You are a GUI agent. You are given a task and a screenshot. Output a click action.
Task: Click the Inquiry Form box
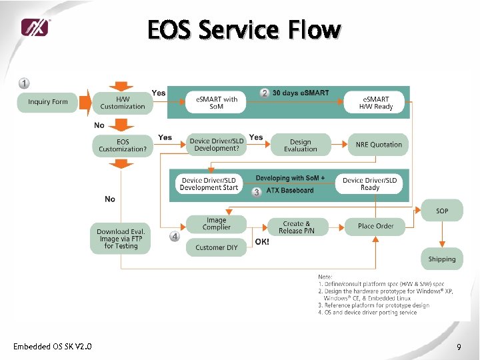tap(48, 102)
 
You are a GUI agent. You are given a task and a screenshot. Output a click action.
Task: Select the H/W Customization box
tap(123, 103)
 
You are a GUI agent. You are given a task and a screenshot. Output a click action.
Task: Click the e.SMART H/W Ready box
tap(376, 103)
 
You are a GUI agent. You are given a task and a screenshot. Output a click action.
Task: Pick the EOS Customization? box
tap(123, 145)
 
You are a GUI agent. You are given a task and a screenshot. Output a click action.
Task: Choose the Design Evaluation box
tap(301, 145)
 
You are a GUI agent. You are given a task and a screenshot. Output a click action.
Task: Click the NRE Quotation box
tap(379, 145)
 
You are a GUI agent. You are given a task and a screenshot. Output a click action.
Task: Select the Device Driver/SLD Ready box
tap(370, 184)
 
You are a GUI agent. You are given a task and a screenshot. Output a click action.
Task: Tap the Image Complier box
tap(216, 224)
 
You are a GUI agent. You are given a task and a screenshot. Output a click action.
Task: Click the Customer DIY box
tap(216, 247)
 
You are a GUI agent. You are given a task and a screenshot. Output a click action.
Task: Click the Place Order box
tap(375, 226)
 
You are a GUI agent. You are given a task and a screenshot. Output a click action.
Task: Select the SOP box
tap(442, 211)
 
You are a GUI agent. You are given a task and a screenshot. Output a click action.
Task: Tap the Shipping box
tap(442, 259)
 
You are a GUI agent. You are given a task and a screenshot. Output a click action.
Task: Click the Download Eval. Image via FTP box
tap(121, 239)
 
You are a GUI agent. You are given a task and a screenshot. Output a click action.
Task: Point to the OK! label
tap(263, 242)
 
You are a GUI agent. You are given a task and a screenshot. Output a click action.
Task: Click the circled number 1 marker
tap(24, 83)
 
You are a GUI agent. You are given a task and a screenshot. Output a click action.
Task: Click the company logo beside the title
tap(35, 27)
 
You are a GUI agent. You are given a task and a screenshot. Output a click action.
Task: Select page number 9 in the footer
tap(459, 347)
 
